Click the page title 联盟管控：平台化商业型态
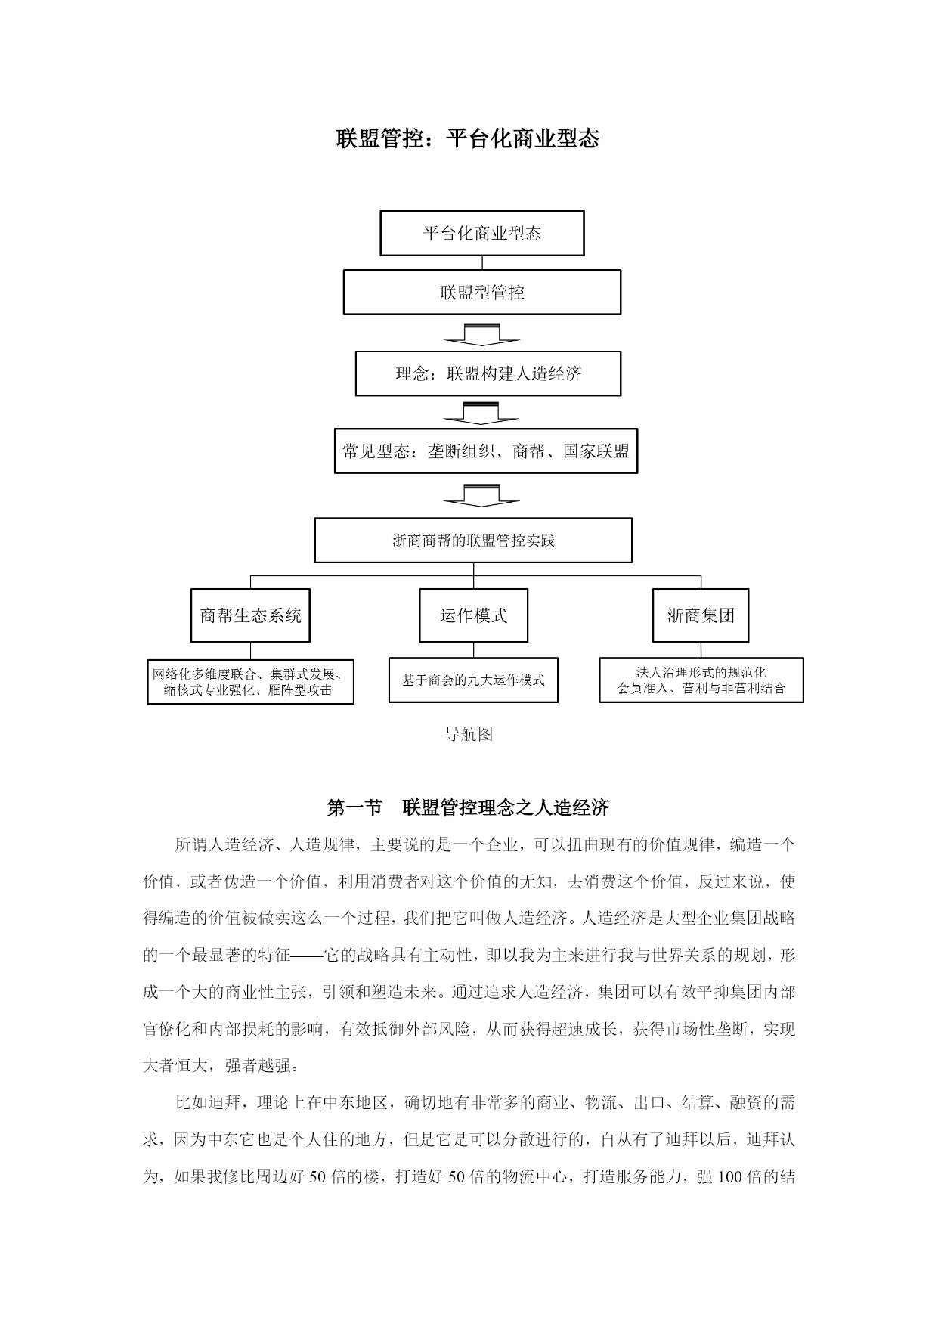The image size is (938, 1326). pyautogui.click(x=468, y=139)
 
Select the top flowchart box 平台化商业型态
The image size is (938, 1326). pyautogui.click(x=482, y=233)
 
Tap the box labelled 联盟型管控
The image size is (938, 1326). pyautogui.click(x=482, y=292)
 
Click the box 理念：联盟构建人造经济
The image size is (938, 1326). pyautogui.click(x=488, y=373)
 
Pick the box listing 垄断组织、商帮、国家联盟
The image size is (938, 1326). pyautogui.click(x=486, y=451)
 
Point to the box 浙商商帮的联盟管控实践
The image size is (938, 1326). pyautogui.click(x=473, y=541)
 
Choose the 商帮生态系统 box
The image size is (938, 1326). pyautogui.click(x=250, y=615)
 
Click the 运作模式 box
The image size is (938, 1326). pyautogui.click(x=473, y=615)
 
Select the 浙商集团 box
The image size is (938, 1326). pyautogui.click(x=701, y=615)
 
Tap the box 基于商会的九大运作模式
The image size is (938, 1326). pyautogui.click(x=473, y=680)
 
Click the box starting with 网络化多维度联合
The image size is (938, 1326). pyautogui.click(x=250, y=681)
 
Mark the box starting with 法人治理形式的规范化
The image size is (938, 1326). pyautogui.click(x=701, y=680)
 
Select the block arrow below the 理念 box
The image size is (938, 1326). pyautogui.click(x=481, y=413)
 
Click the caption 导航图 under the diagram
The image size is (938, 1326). pyautogui.click(x=469, y=734)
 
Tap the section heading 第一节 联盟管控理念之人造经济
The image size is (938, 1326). pyautogui.click(x=468, y=808)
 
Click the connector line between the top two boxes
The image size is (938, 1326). pyautogui.click(x=482, y=262)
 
